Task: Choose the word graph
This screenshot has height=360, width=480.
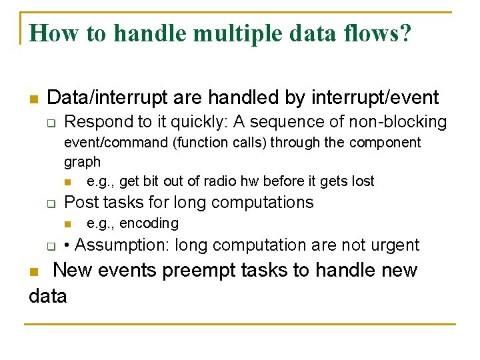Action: [x=82, y=162]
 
